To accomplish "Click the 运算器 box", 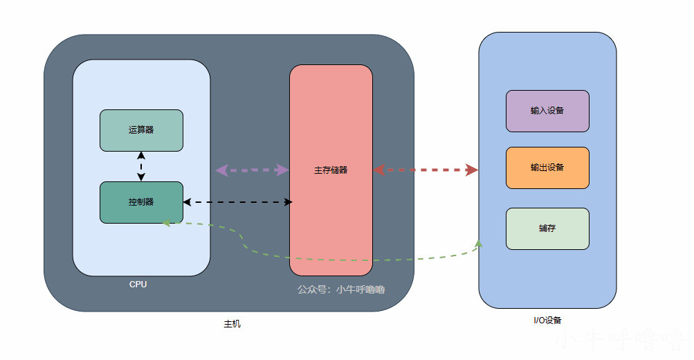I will click(141, 130).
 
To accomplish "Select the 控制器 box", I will click(141, 202).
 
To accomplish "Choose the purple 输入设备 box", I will click(547, 111).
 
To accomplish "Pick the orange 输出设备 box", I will click(547, 168).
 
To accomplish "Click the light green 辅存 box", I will click(547, 228).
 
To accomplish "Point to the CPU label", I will click(138, 285).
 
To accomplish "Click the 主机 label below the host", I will click(232, 324).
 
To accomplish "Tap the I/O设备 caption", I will click(547, 320).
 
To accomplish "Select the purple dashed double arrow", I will click(252, 170).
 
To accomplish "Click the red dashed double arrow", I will click(426, 170).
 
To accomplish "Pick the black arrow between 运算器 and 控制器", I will click(141, 166).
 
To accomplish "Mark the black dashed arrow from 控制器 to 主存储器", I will click(238, 202).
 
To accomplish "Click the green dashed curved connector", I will click(346, 260).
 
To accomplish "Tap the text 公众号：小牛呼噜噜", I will click(341, 289).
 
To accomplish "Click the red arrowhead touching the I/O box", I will click(472, 170).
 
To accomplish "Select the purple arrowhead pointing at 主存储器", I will click(282, 170).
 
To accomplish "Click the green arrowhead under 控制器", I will click(166, 223).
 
